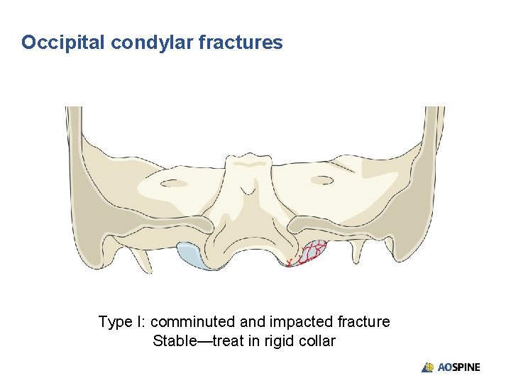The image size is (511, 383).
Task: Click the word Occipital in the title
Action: click(63, 43)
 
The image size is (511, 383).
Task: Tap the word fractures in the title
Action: click(241, 43)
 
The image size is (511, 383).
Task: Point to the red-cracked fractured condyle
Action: click(311, 252)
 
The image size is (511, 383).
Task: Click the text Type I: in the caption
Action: click(121, 322)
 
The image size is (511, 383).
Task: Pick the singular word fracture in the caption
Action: click(362, 322)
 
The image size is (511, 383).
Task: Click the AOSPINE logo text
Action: click(458, 367)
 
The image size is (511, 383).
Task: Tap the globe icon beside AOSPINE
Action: click(428, 367)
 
